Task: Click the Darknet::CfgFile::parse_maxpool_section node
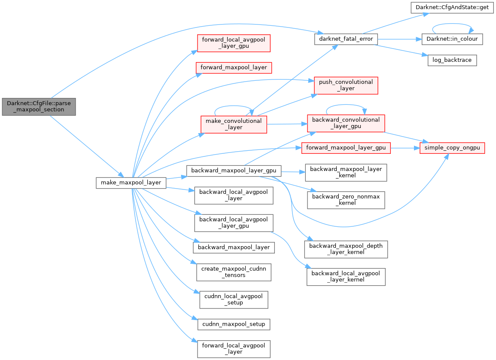coord(39,106)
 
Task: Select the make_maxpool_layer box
coord(131,183)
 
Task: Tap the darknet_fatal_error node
coord(346,39)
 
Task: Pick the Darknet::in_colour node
coord(452,39)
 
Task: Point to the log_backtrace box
coord(452,60)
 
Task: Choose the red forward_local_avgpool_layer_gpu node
coord(233,43)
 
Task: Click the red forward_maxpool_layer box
coord(234,67)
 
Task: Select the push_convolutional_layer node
coord(346,85)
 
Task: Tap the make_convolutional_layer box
coord(234,124)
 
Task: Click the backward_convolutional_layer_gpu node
coord(346,123)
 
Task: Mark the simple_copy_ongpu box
coord(453,148)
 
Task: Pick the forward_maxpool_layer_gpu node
coord(346,148)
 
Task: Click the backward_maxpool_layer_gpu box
coord(234,171)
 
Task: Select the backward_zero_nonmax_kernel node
coord(346,200)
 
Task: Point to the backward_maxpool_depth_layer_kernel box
coord(346,249)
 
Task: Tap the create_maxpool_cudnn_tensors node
coord(234,272)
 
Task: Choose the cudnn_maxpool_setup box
coord(234,324)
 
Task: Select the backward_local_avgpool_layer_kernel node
coord(346,277)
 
